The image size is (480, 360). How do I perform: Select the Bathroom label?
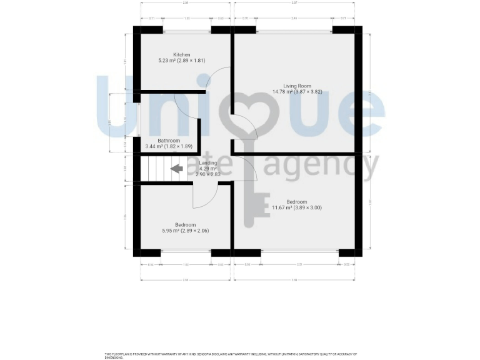tap(169, 141)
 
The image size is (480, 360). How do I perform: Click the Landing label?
tap(208, 163)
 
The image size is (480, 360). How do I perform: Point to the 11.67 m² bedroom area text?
tap(296, 207)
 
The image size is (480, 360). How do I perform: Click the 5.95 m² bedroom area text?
tap(185, 231)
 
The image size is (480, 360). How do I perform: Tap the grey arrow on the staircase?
tap(177, 168)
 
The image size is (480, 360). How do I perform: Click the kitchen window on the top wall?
tap(187, 30)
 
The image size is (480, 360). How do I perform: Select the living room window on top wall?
tap(294, 30)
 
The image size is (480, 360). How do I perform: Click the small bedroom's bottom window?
tap(186, 252)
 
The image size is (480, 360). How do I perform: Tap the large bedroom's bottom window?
tap(299, 252)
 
